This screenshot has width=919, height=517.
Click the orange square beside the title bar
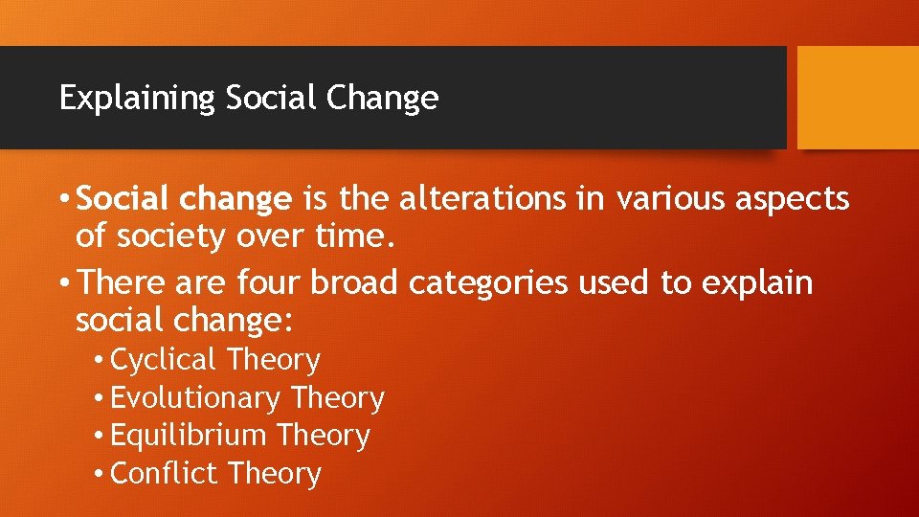click(858, 98)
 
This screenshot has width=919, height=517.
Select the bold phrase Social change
click(184, 199)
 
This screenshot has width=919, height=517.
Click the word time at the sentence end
click(352, 236)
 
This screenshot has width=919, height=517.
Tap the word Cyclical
click(164, 361)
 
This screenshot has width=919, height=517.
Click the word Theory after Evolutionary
click(338, 398)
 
